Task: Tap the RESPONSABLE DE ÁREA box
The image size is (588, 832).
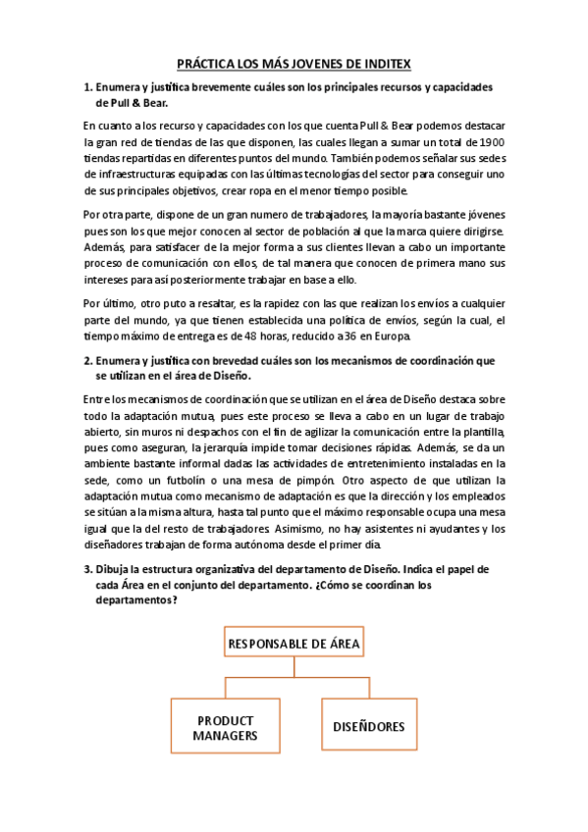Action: tap(294, 644)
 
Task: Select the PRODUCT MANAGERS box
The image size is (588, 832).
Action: tap(226, 727)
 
